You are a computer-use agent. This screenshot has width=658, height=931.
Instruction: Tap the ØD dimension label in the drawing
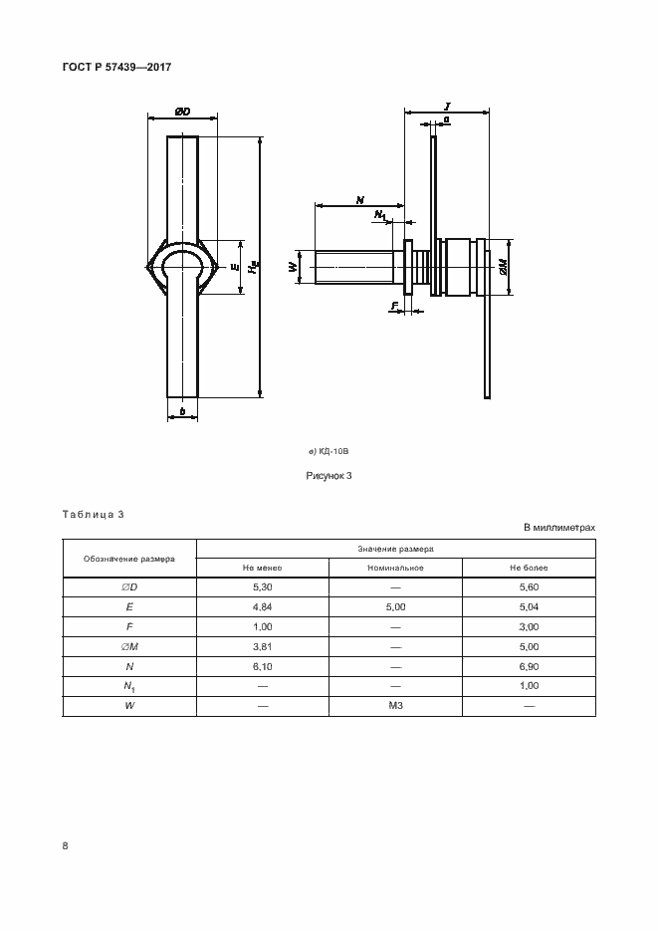[183, 113]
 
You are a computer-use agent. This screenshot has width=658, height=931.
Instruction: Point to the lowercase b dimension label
[182, 409]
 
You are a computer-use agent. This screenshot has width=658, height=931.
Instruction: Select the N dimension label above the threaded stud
[359, 200]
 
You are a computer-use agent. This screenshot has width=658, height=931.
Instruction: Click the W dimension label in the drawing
[294, 267]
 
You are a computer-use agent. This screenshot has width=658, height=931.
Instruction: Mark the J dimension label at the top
[448, 105]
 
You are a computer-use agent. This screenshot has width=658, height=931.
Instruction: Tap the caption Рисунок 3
[329, 475]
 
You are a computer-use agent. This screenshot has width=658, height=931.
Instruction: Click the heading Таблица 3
[93, 515]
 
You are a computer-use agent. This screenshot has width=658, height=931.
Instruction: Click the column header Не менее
[263, 568]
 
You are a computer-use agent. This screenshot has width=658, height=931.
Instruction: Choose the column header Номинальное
[395, 568]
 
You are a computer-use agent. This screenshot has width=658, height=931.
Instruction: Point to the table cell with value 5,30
[263, 587]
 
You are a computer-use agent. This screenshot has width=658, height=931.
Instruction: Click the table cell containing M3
[395, 705]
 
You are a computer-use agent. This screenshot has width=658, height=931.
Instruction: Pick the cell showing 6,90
[529, 666]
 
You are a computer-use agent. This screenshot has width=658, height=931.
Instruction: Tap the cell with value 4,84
[263, 607]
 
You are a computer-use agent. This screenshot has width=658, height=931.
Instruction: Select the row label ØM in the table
[129, 646]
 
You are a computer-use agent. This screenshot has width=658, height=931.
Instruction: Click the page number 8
[66, 845]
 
